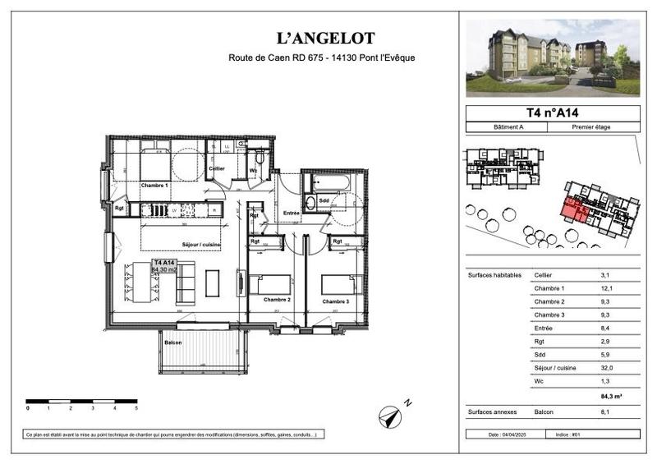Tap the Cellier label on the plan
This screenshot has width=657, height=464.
pos(216,168)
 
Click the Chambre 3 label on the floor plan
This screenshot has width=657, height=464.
pos(334,301)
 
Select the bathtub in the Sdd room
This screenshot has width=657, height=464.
pos(332,181)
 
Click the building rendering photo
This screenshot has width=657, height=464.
pos(552,57)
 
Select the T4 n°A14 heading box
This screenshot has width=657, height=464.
pos(552,113)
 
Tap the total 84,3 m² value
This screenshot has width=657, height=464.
pos(611,396)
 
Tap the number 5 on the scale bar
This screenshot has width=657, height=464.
pos(136,408)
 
